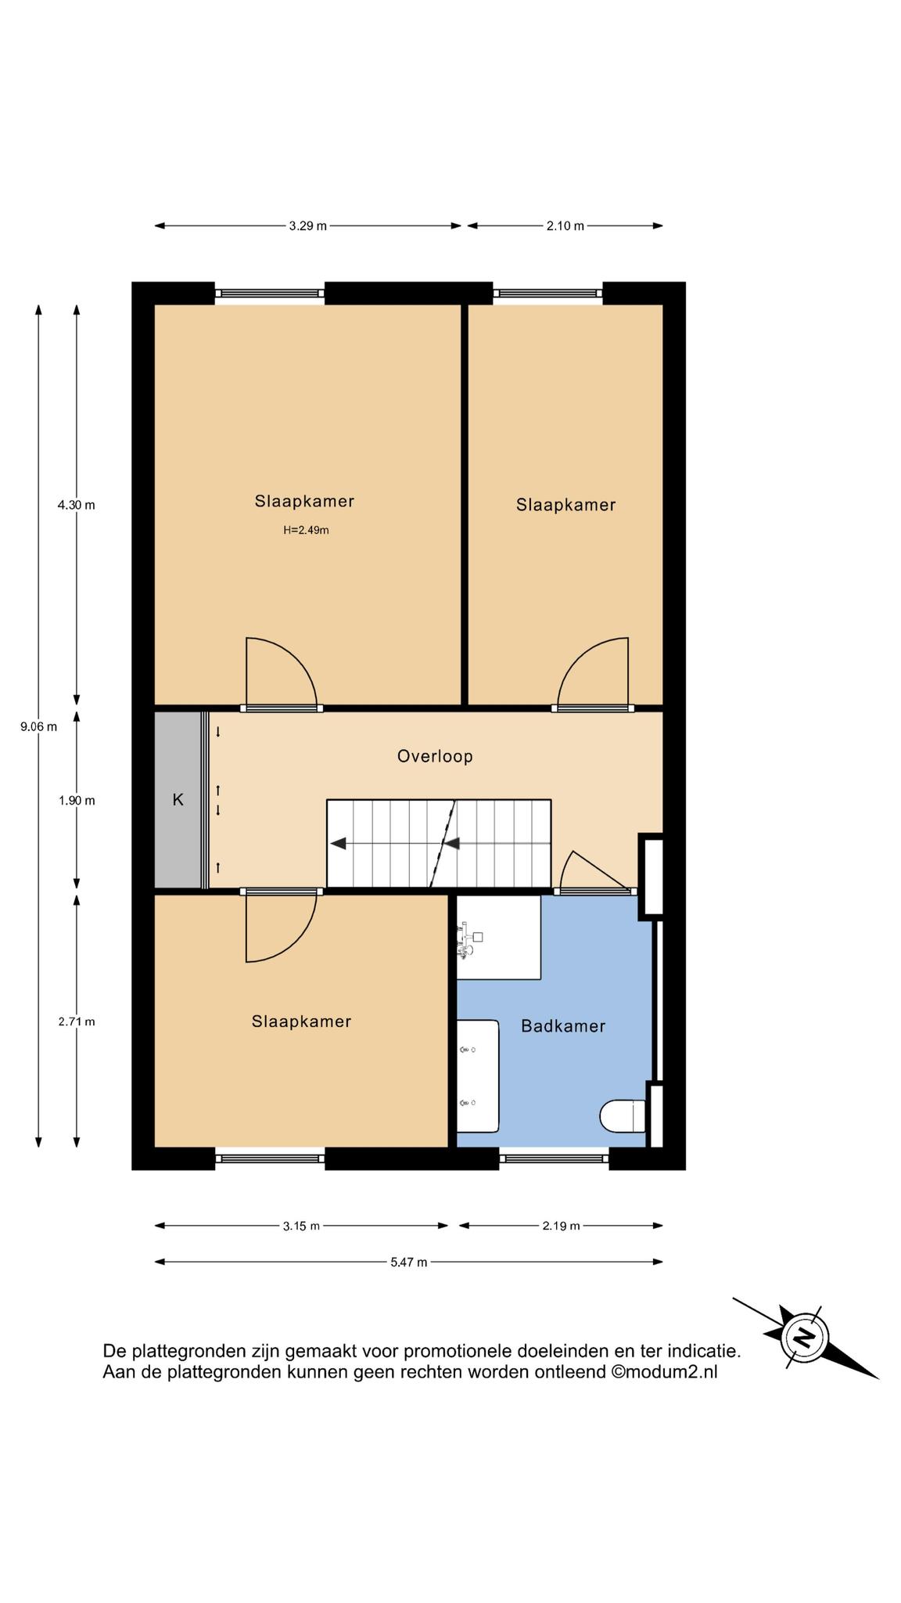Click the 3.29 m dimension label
[307, 226]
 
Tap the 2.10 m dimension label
[565, 226]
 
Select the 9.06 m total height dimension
[38, 726]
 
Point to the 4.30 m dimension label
[76, 505]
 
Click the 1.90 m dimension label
[76, 801]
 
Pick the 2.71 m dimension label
[76, 1021]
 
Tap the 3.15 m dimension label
[301, 1226]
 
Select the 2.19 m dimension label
[561, 1226]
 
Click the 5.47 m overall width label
[408, 1262]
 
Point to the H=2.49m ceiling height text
[306, 530]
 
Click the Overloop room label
[435, 756]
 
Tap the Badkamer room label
[563, 1025]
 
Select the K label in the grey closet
[178, 800]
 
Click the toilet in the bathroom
[623, 1116]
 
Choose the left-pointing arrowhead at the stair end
[338, 844]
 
